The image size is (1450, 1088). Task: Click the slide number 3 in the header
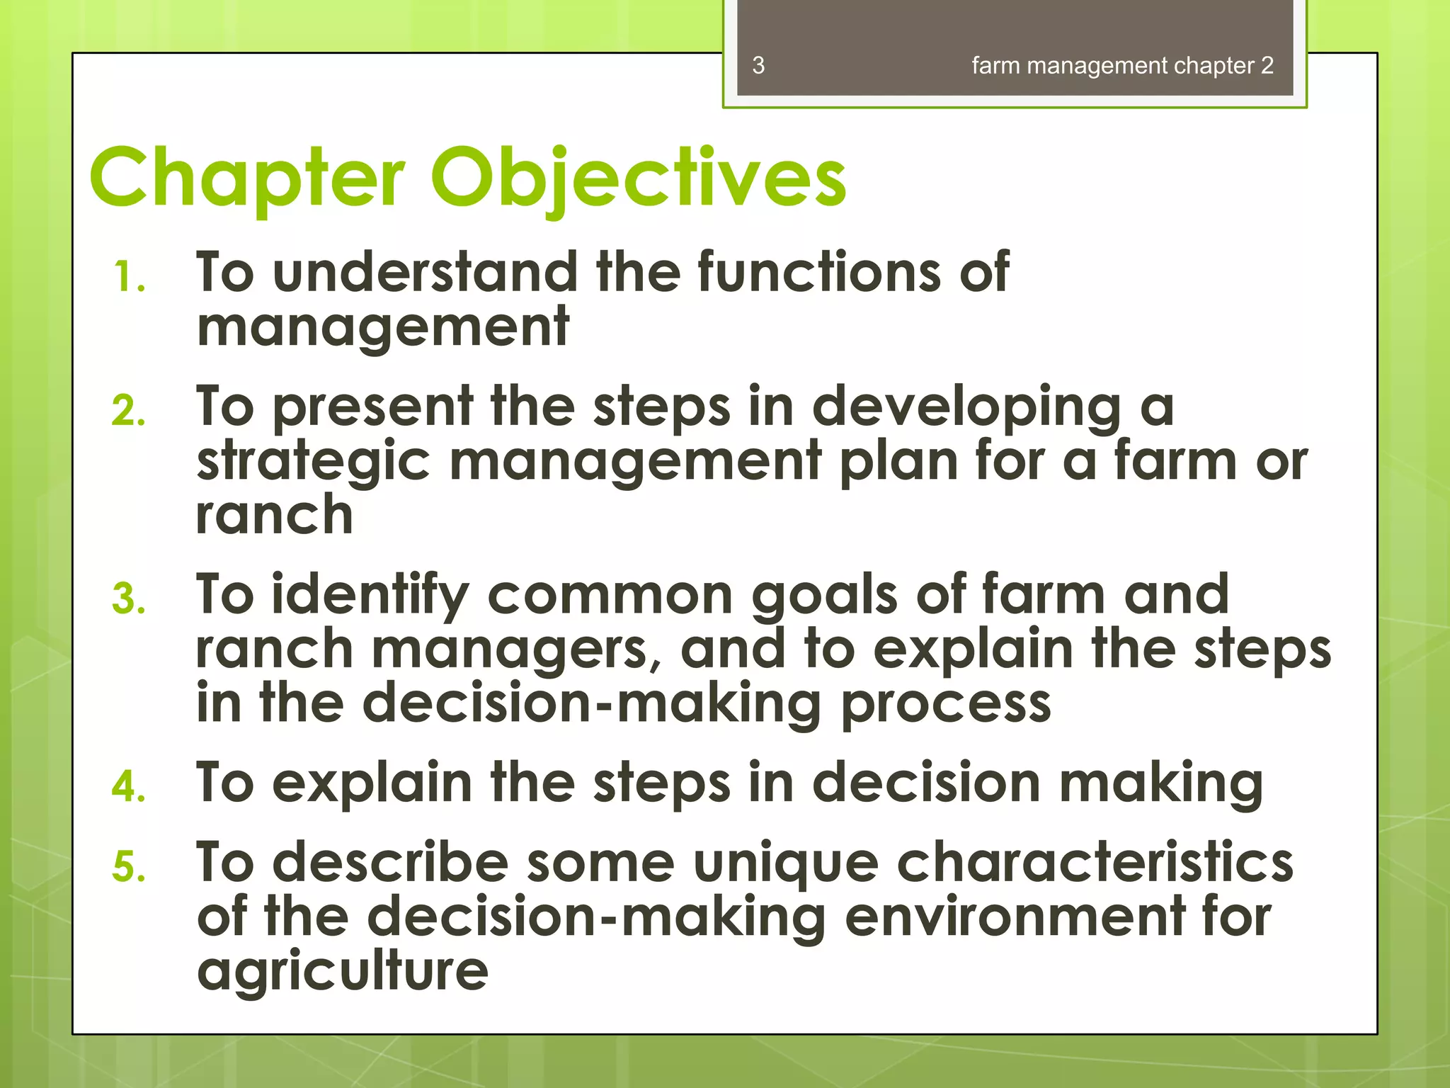coord(758,66)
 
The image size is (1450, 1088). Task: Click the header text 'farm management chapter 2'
coord(1122,66)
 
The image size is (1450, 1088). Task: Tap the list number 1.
coord(130,277)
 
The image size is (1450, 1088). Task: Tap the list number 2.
coord(129,411)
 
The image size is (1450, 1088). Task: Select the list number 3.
coord(129,599)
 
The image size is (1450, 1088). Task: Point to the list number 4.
coord(129,786)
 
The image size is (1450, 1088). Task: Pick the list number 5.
coord(129,866)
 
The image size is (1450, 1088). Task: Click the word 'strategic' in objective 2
coord(313,462)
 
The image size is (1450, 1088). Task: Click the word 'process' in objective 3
coord(946,704)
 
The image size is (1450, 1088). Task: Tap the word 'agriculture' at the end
coord(343,972)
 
